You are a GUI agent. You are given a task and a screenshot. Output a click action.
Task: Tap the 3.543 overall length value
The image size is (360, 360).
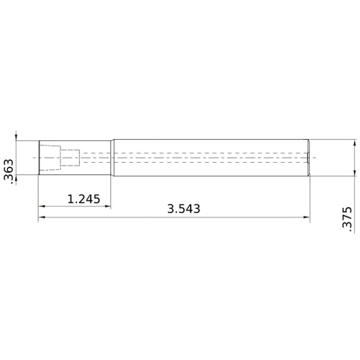[183, 209]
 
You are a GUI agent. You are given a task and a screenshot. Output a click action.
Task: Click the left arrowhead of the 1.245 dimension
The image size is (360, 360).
[42, 207]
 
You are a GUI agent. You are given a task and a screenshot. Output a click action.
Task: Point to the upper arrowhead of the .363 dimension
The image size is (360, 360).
[17, 138]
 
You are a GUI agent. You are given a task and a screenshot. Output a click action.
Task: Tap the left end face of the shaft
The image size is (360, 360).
[39, 157]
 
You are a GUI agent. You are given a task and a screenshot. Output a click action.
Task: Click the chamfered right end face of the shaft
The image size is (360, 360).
[310, 157]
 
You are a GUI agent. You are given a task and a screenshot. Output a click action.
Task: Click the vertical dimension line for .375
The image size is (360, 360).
[354, 158]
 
